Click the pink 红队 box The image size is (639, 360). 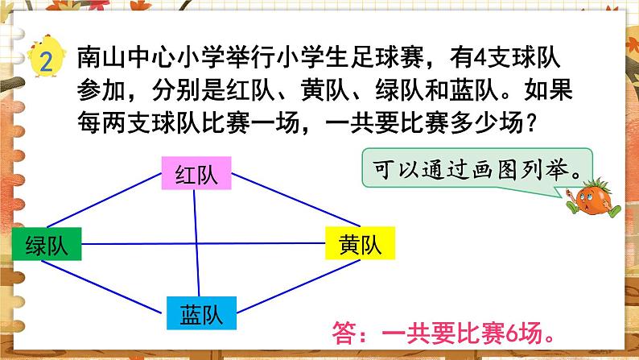click(x=196, y=175)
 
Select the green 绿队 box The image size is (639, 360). click(x=47, y=243)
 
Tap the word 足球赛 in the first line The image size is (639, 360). click(x=378, y=58)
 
